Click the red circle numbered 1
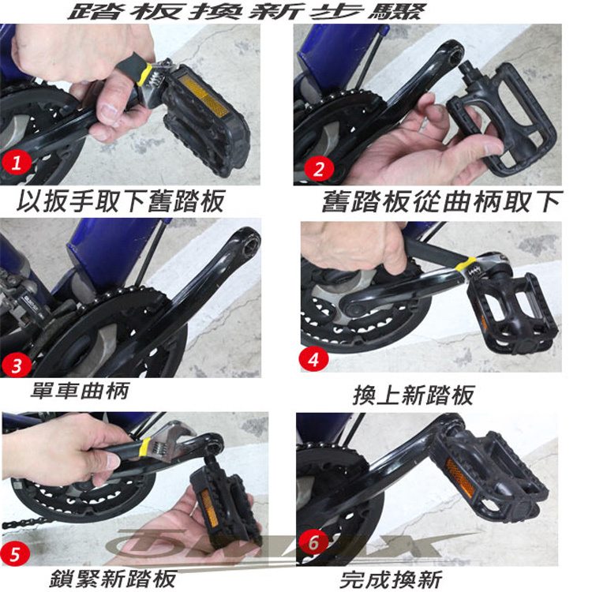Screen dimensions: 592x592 [x=17, y=163]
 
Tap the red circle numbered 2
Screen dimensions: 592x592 [x=319, y=168]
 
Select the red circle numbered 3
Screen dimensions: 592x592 [x=17, y=365]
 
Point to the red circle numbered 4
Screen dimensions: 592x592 [x=313, y=359]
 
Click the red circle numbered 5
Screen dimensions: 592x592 [x=15, y=554]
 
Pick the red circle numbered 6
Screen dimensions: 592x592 [x=313, y=542]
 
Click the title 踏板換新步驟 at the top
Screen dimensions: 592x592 [x=248, y=11]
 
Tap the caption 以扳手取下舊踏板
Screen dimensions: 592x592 [x=121, y=201]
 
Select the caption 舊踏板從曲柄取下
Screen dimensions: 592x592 [x=442, y=201]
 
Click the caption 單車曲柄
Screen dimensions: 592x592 [x=80, y=391]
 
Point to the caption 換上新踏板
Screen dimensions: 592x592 [x=414, y=395]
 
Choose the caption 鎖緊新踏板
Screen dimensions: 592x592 [x=113, y=578]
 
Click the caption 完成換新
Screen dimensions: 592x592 [x=391, y=579]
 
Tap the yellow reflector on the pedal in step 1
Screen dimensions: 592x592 [x=204, y=96]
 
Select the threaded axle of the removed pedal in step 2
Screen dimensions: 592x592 [x=467, y=70]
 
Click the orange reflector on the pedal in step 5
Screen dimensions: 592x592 [x=209, y=508]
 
